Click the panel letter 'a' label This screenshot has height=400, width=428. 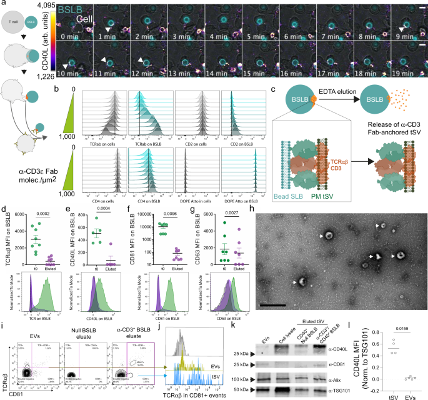click(4, 4)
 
